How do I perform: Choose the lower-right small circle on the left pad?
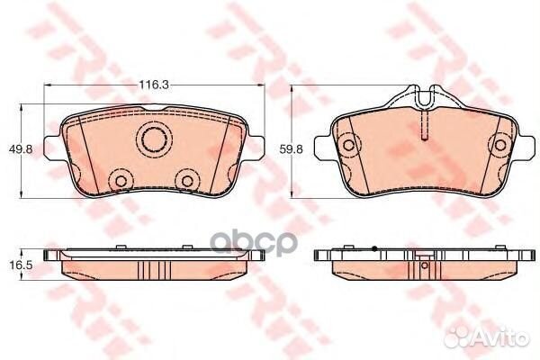tap(187, 181)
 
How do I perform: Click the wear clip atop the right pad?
tap(422, 94)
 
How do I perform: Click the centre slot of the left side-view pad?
tap(153, 271)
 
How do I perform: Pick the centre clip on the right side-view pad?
tap(420, 267)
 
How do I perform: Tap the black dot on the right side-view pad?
tap(372, 247)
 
